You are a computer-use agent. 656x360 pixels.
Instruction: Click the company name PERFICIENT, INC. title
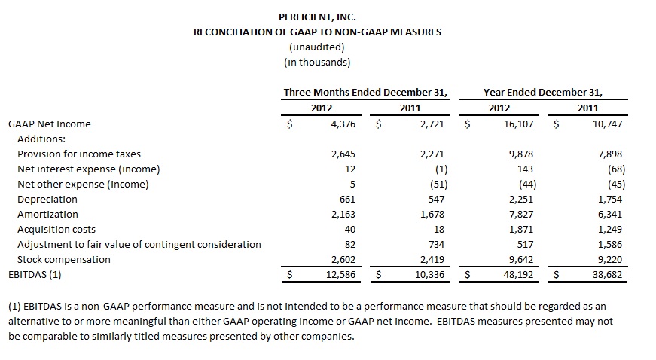317,17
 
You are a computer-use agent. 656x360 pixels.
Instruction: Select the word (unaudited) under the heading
317,47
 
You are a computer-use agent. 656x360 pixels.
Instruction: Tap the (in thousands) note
317,63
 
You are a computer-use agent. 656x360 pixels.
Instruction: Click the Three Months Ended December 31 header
365,93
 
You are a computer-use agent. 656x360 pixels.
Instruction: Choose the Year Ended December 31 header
542,93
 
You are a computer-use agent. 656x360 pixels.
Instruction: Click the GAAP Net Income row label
50,124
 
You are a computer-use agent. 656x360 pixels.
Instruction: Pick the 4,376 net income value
343,124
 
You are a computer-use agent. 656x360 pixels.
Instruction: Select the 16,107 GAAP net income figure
518,124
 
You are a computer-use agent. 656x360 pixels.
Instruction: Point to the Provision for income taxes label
79,154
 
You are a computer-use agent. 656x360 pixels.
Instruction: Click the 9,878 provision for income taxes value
521,154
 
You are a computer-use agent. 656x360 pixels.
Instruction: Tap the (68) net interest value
616,169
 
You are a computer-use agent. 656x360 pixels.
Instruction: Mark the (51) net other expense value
438,185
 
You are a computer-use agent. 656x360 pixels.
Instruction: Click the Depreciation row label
47,200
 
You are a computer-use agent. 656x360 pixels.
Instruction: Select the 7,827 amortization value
521,215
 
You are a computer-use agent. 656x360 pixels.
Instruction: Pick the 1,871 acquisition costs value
521,230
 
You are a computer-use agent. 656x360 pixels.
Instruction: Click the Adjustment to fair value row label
139,245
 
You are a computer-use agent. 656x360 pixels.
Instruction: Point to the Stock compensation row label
64,260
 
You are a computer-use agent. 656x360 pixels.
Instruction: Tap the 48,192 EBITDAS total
518,275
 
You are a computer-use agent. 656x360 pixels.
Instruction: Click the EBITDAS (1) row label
35,275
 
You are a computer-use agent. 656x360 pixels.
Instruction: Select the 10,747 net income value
607,124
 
